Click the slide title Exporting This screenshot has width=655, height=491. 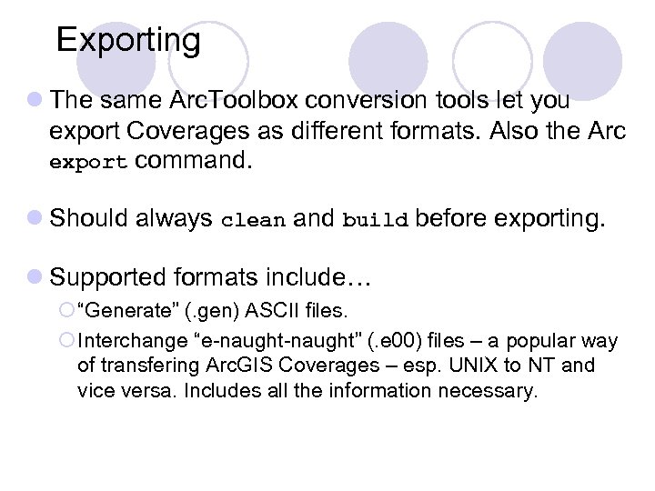tap(128, 40)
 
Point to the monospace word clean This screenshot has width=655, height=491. tap(254, 220)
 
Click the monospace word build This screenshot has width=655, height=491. tap(373, 220)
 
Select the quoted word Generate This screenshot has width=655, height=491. tap(128, 312)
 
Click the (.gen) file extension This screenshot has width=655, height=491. tap(211, 312)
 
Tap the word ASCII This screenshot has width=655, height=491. tap(278, 312)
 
